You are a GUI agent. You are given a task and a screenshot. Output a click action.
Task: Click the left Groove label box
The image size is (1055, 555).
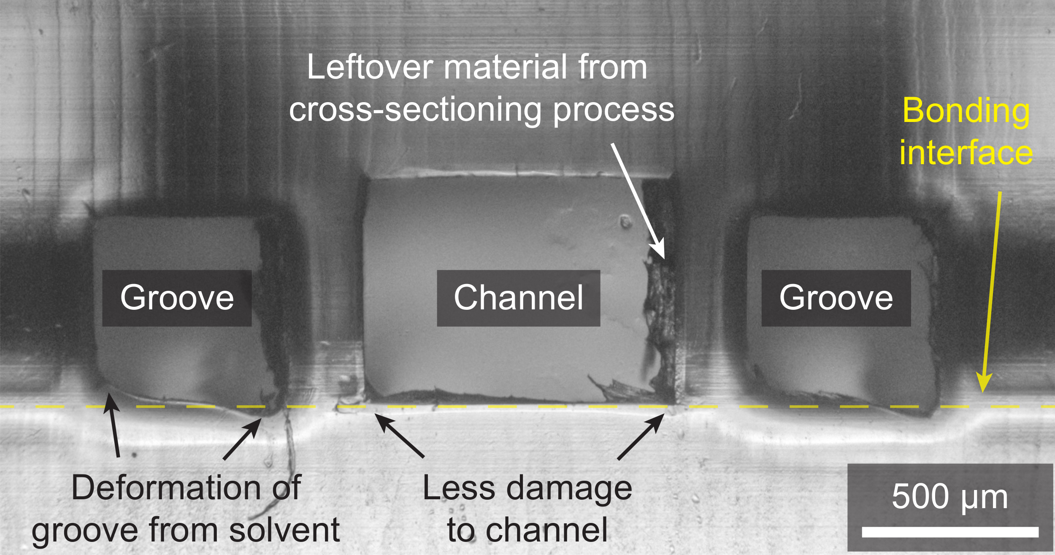[x=177, y=298]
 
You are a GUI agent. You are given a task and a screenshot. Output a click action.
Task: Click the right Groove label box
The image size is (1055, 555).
[x=836, y=298]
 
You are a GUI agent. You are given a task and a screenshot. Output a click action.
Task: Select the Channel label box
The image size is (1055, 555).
[x=518, y=298]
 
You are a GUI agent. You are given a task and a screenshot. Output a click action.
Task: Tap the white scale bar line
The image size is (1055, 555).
[x=950, y=532]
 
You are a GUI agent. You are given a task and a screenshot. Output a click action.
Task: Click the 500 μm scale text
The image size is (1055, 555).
[x=949, y=497]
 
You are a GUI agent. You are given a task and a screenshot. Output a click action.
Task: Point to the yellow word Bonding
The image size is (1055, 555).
[x=966, y=111]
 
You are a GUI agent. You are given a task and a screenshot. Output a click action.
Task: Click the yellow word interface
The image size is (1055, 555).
[x=966, y=153]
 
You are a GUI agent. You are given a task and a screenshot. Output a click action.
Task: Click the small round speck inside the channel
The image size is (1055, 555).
[x=625, y=221]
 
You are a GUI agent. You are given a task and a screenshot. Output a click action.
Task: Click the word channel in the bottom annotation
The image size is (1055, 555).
[x=546, y=530]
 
